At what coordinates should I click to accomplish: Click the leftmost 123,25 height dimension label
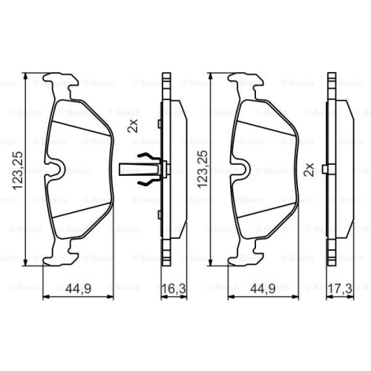[x=18, y=171]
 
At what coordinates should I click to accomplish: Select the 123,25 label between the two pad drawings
[x=203, y=169]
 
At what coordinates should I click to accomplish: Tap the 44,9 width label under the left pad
[x=79, y=289]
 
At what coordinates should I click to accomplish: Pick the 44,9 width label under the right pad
[x=263, y=289]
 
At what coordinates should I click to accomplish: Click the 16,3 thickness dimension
[x=174, y=289]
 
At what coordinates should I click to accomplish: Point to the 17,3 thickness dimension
[x=340, y=289]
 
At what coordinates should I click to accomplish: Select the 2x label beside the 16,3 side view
[x=132, y=126]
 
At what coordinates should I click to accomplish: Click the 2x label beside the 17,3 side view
[x=309, y=169]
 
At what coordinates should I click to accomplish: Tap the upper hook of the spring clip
[x=147, y=157]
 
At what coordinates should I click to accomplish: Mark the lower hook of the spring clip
[x=147, y=183]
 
